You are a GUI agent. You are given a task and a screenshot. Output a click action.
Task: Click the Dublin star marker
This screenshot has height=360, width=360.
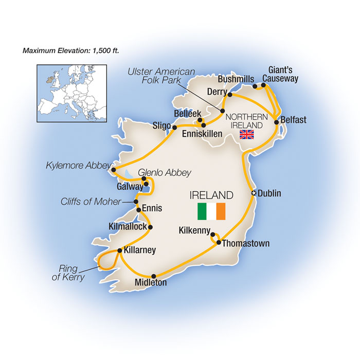[x=253, y=193]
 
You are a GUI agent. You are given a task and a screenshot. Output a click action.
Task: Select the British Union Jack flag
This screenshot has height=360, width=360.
[x=247, y=135]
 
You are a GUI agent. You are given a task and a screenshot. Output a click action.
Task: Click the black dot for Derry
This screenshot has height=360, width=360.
[x=229, y=95]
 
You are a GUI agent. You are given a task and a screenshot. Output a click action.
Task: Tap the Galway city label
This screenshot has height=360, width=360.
[x=130, y=187]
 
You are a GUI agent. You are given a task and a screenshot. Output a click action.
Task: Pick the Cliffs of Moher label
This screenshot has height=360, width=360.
[x=89, y=202]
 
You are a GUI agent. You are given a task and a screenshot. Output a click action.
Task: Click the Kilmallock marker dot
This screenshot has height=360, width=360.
[x=150, y=227]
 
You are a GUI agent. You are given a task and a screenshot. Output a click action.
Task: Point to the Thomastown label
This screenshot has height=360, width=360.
[x=246, y=243]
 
